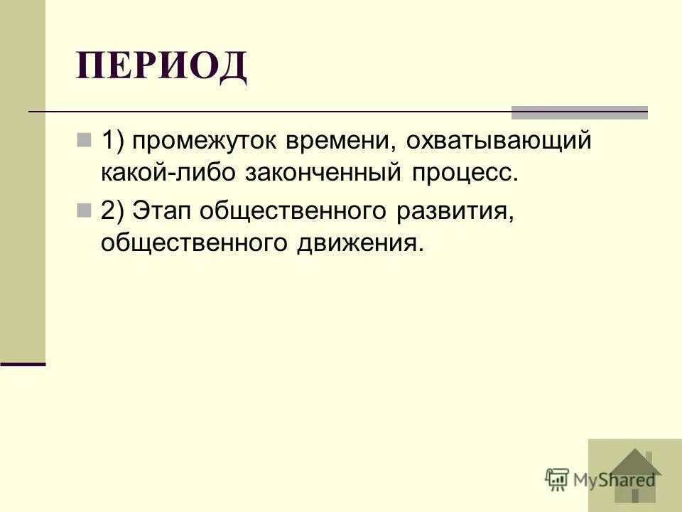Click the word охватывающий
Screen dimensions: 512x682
point(498,142)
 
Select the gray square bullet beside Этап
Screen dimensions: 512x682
point(85,208)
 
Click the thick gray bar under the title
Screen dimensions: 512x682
point(579,112)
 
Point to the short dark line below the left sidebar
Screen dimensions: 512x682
point(23,363)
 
